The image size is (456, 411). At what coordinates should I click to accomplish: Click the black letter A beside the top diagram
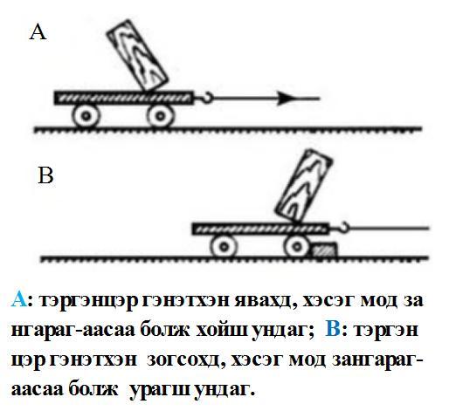tap(38, 32)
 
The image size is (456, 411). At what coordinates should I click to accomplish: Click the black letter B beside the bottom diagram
tap(45, 175)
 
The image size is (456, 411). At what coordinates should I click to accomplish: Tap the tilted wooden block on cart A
tap(137, 55)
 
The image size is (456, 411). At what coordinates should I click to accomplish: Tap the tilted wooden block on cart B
tap(304, 186)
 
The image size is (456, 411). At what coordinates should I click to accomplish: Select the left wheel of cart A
tap(86, 116)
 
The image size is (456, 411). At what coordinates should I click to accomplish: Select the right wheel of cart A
tap(160, 116)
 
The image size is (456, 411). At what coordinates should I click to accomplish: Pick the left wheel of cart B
tap(224, 246)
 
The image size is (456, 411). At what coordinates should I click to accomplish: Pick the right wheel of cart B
tap(297, 246)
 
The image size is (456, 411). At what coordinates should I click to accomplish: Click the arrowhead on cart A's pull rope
tap(286, 99)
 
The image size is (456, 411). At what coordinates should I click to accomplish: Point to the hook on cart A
tap(206, 98)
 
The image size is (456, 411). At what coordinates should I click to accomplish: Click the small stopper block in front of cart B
tap(324, 250)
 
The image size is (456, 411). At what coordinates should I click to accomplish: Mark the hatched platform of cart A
tap(124, 98)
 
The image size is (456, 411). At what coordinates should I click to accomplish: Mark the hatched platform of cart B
tap(261, 229)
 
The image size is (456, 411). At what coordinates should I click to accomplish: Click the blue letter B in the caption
tap(333, 329)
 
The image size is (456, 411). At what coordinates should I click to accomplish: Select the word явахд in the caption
tap(266, 300)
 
